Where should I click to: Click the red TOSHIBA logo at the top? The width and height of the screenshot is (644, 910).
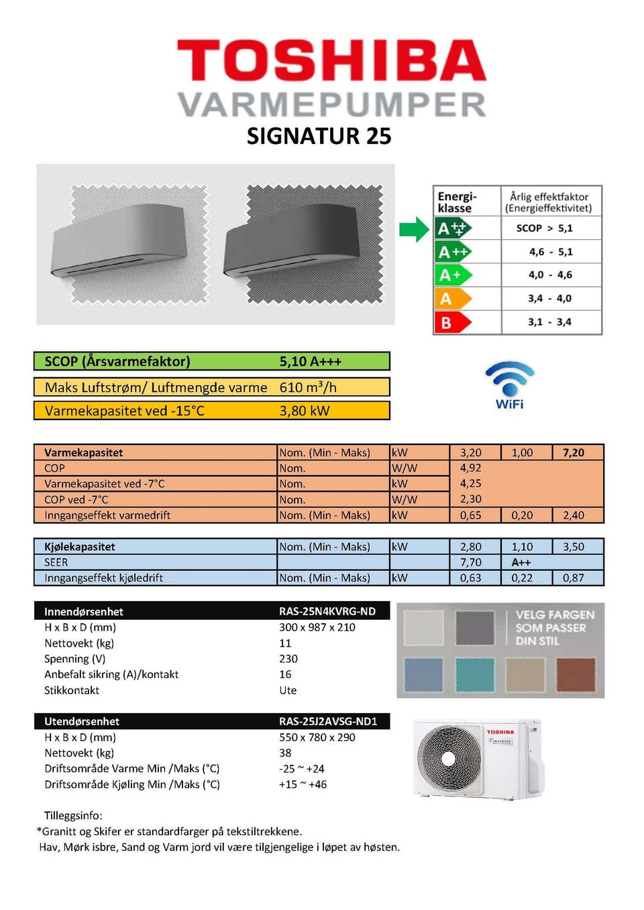(331, 60)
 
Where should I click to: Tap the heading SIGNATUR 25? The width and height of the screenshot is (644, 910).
(319, 136)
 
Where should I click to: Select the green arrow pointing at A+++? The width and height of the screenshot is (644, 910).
(413, 229)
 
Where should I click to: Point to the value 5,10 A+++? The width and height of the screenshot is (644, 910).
(310, 362)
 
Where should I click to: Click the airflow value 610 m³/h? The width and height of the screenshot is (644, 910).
(308, 387)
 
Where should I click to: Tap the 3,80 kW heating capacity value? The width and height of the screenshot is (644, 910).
(305, 411)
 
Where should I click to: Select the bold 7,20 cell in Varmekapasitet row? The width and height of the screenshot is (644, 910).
(573, 453)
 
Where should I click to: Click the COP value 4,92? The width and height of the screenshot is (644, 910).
(470, 468)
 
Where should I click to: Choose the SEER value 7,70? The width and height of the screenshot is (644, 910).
(470, 562)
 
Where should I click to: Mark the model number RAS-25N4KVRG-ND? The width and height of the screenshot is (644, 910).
(327, 611)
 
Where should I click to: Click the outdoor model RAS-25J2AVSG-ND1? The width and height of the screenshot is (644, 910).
(328, 721)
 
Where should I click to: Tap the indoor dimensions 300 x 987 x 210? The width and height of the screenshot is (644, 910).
(317, 627)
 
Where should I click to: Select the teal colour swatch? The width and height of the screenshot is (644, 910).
(474, 674)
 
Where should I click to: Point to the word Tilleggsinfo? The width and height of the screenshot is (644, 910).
(73, 816)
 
